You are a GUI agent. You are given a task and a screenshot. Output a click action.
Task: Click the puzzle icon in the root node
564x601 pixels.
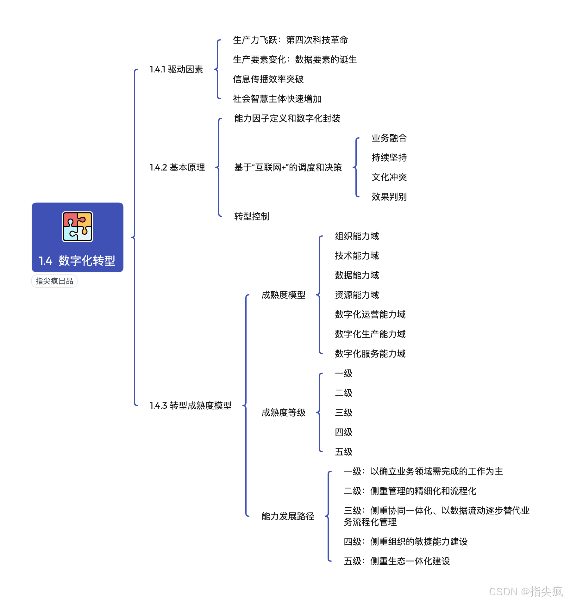pos(78,226)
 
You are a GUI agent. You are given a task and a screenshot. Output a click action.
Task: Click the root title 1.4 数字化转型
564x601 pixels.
pos(77,261)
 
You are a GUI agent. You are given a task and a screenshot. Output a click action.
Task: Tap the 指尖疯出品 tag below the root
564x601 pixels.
pos(54,281)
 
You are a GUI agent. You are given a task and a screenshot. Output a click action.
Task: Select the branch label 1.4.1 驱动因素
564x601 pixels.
pos(176,70)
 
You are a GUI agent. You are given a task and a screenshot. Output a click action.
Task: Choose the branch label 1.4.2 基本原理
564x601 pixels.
pos(177,167)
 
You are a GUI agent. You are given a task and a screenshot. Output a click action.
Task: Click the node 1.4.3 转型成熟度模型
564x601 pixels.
pos(191,406)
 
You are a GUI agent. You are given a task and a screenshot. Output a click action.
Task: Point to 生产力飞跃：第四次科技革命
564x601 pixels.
pos(290,40)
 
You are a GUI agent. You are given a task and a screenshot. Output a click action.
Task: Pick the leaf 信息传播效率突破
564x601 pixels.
pos(268,79)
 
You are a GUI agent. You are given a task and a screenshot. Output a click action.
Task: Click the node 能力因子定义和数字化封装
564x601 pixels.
pos(287,119)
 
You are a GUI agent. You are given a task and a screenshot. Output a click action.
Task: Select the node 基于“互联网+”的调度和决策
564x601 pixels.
pos(288,167)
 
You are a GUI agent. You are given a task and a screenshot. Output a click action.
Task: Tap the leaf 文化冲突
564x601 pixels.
pos(389,177)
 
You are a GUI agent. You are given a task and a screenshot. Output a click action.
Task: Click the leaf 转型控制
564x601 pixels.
pos(252,216)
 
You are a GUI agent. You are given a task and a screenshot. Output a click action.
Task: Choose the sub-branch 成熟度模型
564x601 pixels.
pos(283,295)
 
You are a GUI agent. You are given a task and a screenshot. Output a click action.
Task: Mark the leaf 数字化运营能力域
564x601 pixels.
pos(370,314)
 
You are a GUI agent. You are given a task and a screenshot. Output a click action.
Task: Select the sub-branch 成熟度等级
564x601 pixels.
pos(283,412)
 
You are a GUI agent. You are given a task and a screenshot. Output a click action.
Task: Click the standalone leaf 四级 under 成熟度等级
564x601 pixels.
pos(343,432)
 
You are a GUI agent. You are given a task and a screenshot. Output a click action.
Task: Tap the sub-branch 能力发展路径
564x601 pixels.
pos(288,516)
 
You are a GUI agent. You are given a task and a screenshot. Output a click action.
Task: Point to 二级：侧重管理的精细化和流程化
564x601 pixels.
pos(410,491)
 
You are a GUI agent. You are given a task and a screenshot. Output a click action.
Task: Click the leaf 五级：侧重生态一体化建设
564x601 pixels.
pos(397,561)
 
